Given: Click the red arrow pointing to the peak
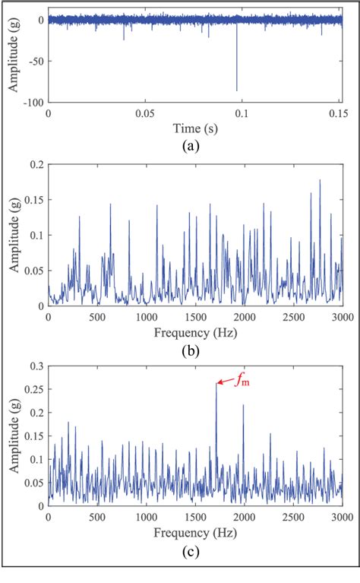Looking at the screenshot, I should (x=225, y=382).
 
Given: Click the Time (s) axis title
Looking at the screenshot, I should (x=195, y=128).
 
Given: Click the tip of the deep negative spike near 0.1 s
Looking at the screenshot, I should (x=237, y=90).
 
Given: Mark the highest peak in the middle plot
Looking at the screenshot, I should (x=320, y=180).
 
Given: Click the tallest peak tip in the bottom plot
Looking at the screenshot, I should (x=216, y=385).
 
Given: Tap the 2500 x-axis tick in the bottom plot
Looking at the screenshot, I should (x=293, y=517).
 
